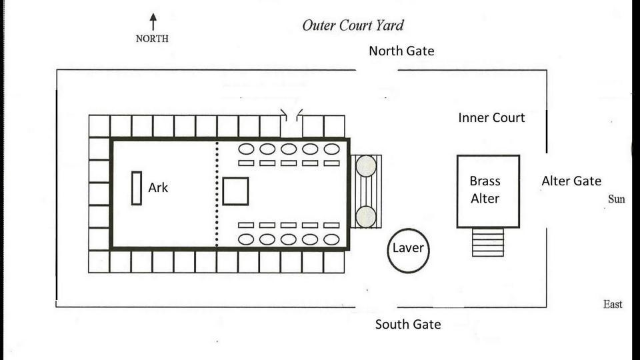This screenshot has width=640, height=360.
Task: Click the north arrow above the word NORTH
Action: (153, 22)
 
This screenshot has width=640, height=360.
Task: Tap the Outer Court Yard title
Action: (353, 25)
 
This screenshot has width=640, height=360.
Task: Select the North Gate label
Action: (401, 51)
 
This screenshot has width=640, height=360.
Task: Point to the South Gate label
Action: (408, 324)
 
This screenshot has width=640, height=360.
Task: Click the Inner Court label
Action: (491, 117)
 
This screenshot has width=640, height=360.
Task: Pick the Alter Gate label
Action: (571, 181)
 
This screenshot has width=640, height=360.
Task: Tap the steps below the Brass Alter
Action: (488, 243)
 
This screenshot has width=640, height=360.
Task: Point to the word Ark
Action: (158, 188)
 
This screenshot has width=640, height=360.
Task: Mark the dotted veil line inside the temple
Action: (217, 194)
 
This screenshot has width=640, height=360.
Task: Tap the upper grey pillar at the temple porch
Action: (366, 166)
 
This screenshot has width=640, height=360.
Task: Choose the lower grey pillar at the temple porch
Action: (366, 217)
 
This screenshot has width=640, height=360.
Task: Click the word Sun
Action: (616, 199)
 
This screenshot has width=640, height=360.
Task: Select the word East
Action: (613, 305)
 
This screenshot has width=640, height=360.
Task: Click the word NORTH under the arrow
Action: (152, 39)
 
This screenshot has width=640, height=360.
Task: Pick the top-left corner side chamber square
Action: (99, 126)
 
